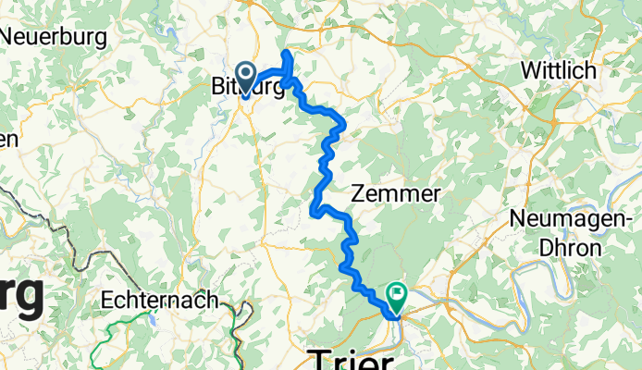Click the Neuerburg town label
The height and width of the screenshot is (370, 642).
[x=54, y=37]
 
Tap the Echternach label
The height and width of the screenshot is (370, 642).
[x=162, y=300]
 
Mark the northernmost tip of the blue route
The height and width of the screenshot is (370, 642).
[x=287, y=52]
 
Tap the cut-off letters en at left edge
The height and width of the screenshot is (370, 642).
[x=7, y=140]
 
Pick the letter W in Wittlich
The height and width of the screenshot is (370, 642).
[x=530, y=70]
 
